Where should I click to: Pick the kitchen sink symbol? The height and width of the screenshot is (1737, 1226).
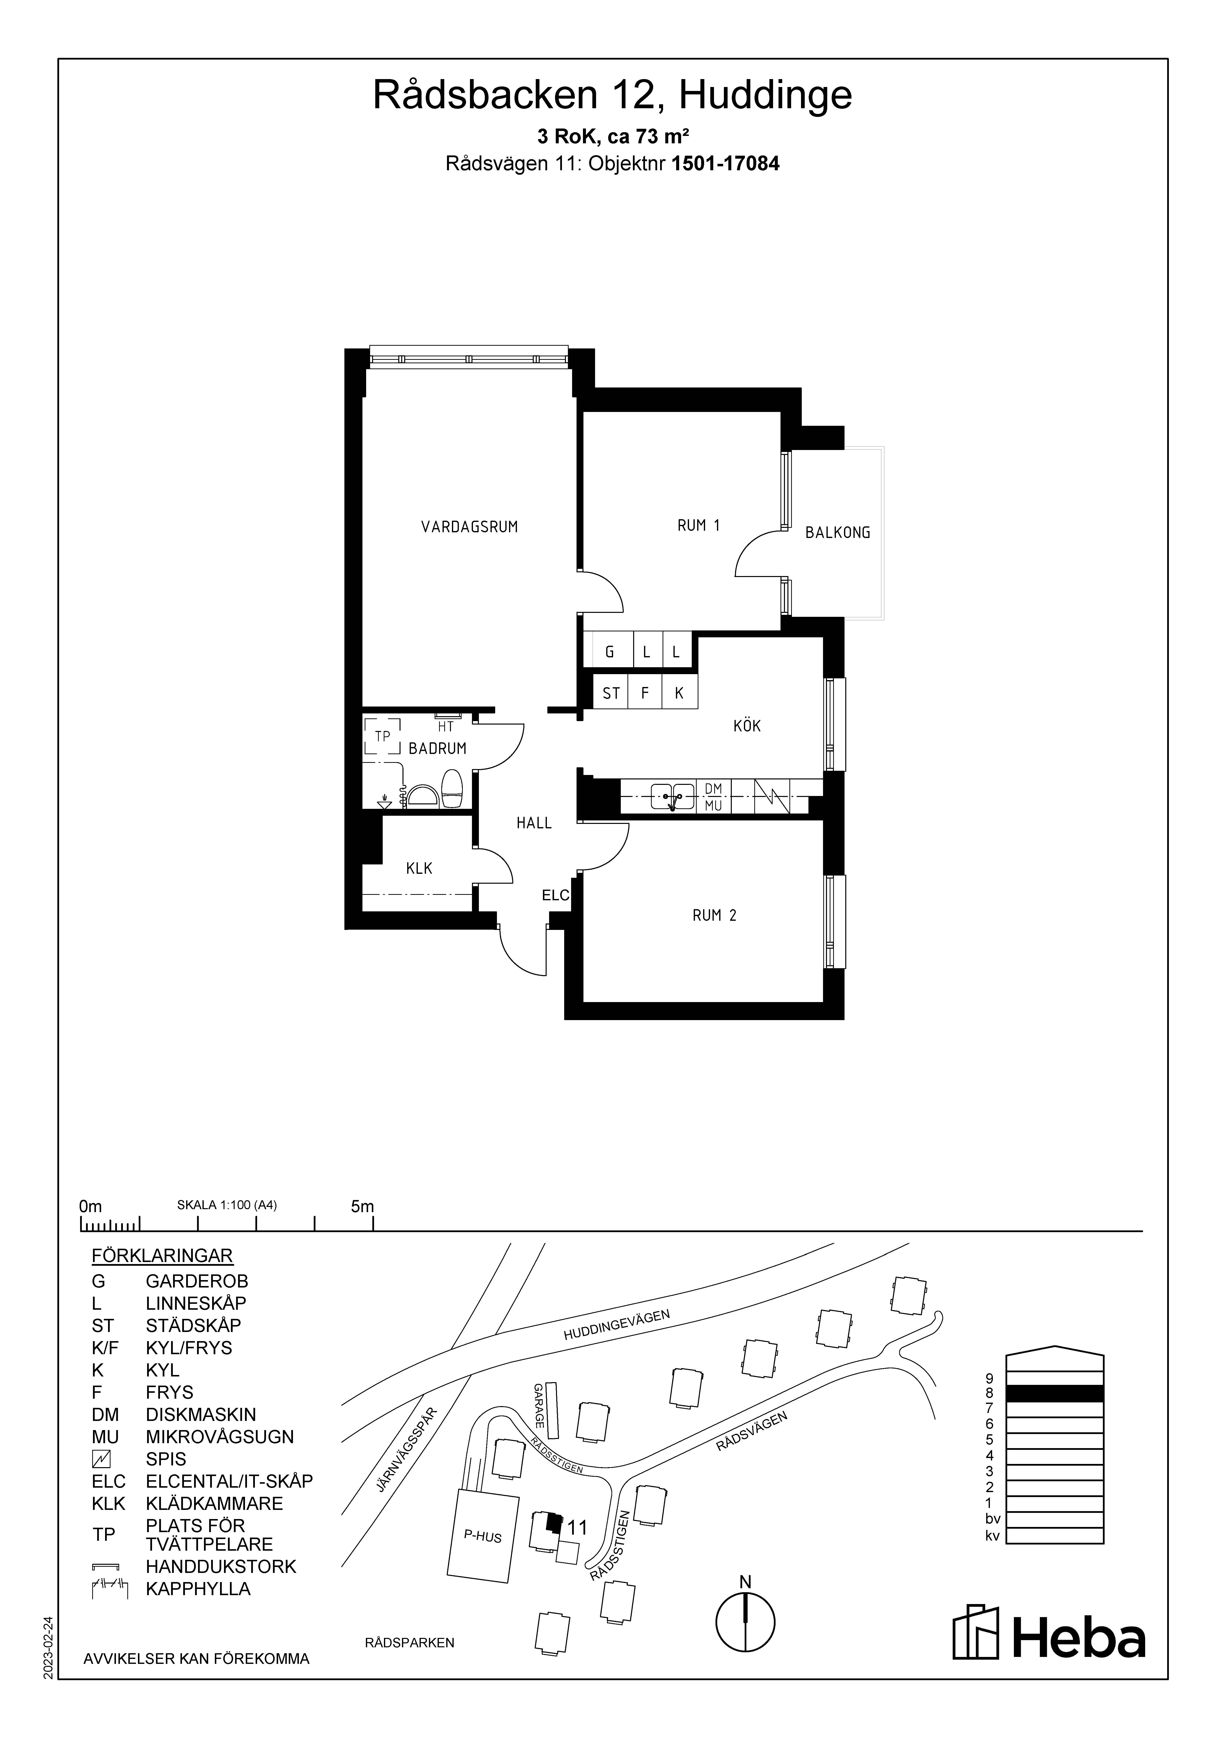pos(672,796)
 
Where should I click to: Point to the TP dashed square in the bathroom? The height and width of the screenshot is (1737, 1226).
pos(382,736)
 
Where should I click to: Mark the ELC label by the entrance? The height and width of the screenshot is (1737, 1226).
pos(556,895)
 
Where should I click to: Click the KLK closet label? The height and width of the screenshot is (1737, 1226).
pos(419,868)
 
